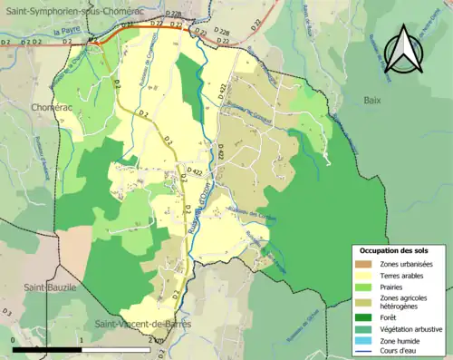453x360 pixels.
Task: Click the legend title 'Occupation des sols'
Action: pyautogui.click(x=394, y=249)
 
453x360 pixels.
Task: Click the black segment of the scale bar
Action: pyautogui.click(x=48, y=349)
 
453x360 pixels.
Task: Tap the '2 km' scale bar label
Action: pyautogui.click(x=156, y=340)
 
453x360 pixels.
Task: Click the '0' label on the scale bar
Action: pyautogui.click(x=14, y=340)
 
